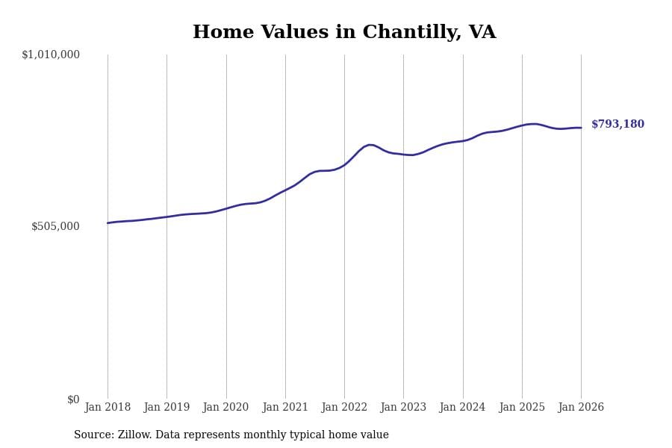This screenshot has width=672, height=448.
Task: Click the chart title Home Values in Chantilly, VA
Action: coord(344,33)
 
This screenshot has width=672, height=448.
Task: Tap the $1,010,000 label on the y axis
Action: coord(51,55)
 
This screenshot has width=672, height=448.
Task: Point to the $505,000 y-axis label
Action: coord(55,226)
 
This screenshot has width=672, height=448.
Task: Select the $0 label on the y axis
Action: coord(73,399)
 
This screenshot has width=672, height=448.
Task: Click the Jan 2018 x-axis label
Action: coord(108,408)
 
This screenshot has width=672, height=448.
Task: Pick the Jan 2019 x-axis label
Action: coord(167,408)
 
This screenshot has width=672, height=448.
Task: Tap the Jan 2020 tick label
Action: coord(225,408)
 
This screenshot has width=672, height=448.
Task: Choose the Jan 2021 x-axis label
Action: coord(285,408)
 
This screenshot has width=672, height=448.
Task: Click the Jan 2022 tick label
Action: coord(344,408)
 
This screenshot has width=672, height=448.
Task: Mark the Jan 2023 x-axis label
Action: coord(403,408)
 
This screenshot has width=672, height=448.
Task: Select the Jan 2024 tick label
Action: coord(462,408)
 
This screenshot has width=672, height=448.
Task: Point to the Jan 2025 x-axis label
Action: coord(522,408)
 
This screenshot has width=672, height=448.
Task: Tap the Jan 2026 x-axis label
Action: coord(581,408)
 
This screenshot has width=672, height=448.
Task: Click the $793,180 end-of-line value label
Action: coord(617,125)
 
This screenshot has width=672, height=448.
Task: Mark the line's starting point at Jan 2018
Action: coord(108,223)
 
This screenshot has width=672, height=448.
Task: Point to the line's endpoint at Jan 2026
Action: coord(581,128)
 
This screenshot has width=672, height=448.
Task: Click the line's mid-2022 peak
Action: coord(370,145)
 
